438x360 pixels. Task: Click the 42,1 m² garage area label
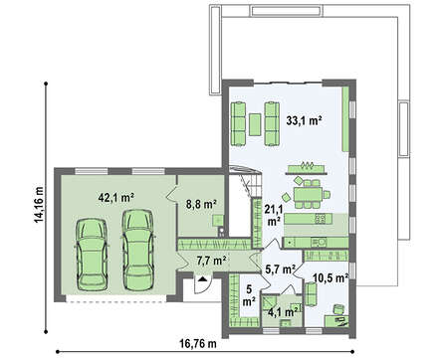point(116,198)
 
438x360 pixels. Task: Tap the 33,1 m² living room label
point(305,121)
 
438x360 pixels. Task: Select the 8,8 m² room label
point(201,204)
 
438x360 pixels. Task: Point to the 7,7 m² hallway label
point(211,261)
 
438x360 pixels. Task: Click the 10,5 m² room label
point(330,277)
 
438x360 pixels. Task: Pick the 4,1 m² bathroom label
point(282,311)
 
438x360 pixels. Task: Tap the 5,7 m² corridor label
point(281,270)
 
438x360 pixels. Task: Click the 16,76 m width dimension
point(198,344)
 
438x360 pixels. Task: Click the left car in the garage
point(92,255)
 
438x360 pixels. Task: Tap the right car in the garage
point(137,250)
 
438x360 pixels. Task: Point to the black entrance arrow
point(202,278)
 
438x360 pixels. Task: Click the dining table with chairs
point(309,195)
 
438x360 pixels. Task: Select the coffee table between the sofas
point(255,124)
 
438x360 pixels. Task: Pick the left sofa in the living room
point(238,123)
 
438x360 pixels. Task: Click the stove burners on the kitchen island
point(321,218)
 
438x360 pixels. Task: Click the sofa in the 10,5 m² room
point(311,294)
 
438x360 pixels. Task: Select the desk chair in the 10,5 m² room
point(338,309)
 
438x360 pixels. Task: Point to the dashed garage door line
point(115,302)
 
